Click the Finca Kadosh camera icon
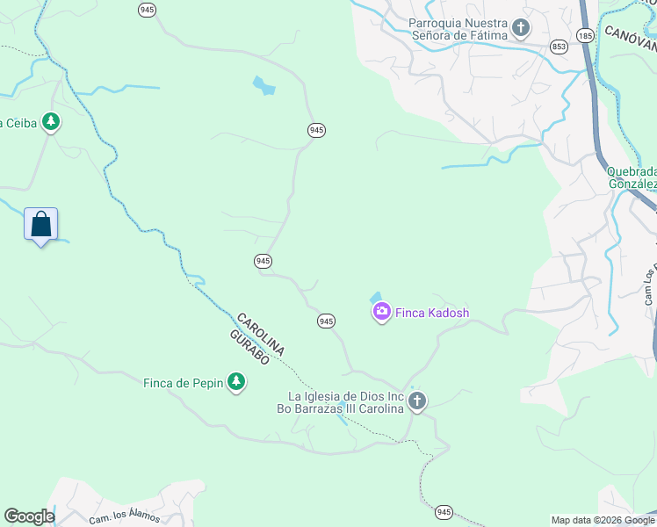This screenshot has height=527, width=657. click(x=382, y=312)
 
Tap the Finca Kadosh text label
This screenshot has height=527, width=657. click(x=432, y=313)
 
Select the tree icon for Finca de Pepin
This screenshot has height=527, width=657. click(x=235, y=382)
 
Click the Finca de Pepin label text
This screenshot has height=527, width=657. click(x=184, y=383)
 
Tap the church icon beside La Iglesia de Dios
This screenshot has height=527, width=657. click(x=416, y=401)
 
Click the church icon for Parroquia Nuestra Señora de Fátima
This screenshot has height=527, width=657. click(x=521, y=28)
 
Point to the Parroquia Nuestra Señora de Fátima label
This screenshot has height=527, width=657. click(x=460, y=28)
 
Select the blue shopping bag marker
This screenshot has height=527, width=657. click(x=40, y=225)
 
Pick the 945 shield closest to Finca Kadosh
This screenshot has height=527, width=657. click(x=326, y=321)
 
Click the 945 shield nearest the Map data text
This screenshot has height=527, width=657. click(x=444, y=511)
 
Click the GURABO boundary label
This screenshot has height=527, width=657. click(x=249, y=348)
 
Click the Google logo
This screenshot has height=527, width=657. click(x=29, y=516)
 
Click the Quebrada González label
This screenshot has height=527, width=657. click(x=632, y=177)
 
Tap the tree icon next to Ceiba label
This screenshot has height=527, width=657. click(x=51, y=122)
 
